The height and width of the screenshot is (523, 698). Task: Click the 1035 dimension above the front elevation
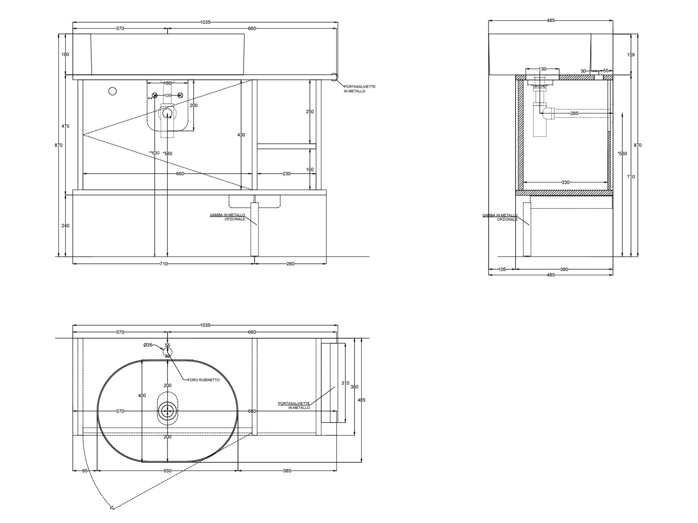point(205,22)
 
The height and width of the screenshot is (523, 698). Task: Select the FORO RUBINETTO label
point(204,380)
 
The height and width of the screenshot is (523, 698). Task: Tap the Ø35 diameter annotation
point(148,345)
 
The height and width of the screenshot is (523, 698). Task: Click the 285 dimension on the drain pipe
point(574,113)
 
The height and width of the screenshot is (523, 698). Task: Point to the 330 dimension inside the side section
point(565,182)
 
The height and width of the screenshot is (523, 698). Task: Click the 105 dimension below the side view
point(502,269)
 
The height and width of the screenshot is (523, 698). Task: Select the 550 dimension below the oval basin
point(167,471)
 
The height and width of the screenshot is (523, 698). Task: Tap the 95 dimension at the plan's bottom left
point(85,471)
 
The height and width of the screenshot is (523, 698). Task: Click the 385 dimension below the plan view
point(287,471)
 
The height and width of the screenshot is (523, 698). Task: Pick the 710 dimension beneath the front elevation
point(163,264)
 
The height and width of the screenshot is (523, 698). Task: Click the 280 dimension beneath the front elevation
point(290,264)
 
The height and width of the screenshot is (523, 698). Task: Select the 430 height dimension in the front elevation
point(241,135)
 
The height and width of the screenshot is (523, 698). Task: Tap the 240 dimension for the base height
point(65,226)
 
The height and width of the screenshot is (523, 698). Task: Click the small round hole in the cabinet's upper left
point(112,91)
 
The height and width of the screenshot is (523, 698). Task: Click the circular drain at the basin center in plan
point(168,411)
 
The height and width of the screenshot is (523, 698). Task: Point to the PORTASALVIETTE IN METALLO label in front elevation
point(359,89)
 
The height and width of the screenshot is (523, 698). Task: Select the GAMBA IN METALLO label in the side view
point(500,217)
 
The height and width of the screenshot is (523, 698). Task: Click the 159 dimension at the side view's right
point(631,55)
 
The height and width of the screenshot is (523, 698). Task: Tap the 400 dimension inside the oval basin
point(142,396)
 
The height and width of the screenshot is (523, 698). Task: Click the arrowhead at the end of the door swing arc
point(112,508)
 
